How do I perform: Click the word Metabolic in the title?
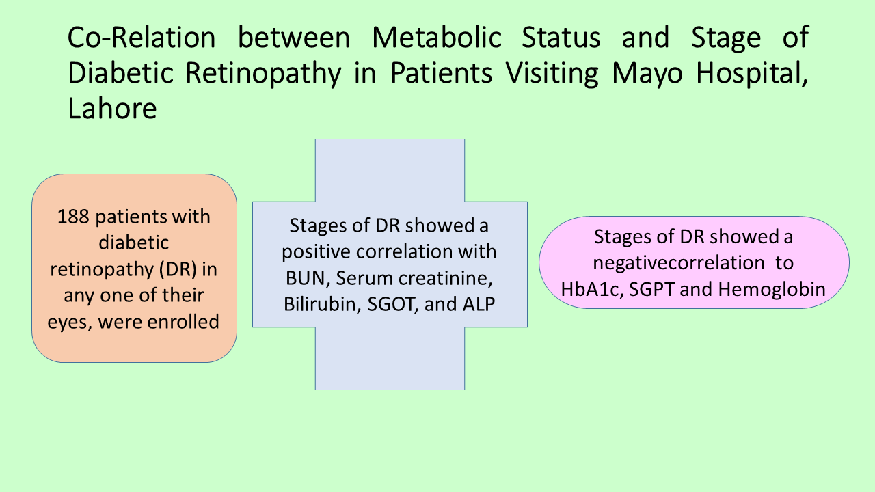437,38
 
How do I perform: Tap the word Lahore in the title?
113,108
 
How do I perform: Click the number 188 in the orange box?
73,217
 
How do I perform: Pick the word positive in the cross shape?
316,252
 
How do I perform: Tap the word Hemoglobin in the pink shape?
772,290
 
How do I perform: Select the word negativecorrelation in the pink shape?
679,263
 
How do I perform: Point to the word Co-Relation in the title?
142,38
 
